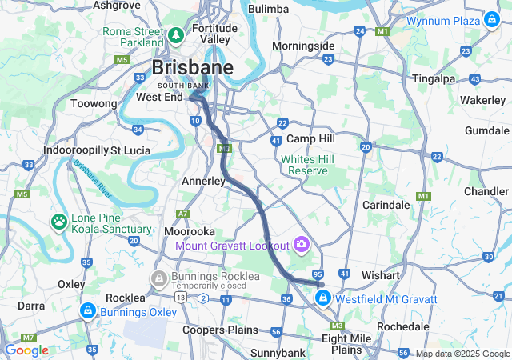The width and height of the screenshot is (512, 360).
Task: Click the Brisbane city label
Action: pyautogui.click(x=193, y=67)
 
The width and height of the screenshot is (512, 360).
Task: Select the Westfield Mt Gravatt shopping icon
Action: pyautogui.click(x=322, y=298)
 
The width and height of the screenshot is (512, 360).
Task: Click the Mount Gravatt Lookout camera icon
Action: pyautogui.click(x=302, y=243)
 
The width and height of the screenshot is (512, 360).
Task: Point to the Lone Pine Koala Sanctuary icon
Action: pyautogui.click(x=59, y=220)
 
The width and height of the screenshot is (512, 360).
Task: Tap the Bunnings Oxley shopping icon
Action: pyautogui.click(x=86, y=310)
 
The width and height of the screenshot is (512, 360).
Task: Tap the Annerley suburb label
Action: pyautogui.click(x=204, y=181)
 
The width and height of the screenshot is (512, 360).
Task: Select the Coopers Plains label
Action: pyautogui.click(x=220, y=330)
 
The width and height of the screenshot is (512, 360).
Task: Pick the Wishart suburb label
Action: pyautogui.click(x=380, y=274)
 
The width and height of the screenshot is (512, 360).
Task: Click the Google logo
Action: pyautogui.click(x=26, y=350)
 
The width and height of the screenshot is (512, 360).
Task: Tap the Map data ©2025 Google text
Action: pyautogui.click(x=462, y=354)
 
